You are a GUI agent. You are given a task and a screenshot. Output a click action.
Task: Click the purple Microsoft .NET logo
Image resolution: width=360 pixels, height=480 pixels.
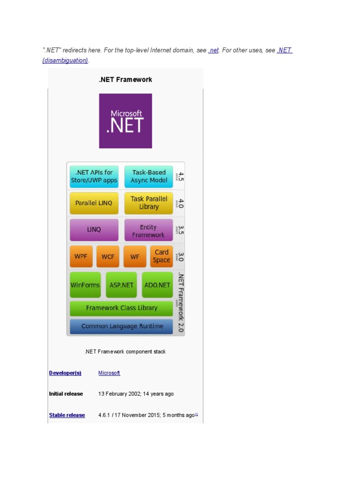coord(126,121)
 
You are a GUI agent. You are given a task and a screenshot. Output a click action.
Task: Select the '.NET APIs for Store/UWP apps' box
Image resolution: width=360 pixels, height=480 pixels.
coord(94,176)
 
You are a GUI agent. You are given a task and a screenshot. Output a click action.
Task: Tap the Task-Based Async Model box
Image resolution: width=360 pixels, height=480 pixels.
coord(149,176)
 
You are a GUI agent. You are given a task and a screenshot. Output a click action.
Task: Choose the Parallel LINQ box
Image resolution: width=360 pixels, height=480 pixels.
coord(94,203)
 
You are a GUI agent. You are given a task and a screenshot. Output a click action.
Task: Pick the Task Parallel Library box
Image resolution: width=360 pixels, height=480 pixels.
coord(149,203)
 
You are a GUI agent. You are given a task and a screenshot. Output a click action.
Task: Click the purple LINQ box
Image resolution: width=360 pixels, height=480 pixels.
coord(94,230)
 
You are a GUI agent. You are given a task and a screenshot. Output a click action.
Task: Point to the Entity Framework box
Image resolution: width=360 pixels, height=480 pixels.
coord(149,231)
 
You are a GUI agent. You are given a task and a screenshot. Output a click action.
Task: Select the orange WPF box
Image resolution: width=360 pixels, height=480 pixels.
coord(81,256)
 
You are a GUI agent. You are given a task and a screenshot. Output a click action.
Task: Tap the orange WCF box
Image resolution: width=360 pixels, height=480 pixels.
coord(108,256)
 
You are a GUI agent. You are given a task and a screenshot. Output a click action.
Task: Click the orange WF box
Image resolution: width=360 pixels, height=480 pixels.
coord(135,256)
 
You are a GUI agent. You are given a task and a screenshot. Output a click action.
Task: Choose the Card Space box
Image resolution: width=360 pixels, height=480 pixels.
coord(161,256)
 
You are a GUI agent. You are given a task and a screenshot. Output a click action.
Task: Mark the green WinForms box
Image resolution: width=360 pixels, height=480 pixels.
coord(85,285)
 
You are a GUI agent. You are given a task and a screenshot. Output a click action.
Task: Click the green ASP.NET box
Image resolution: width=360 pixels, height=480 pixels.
coord(121,285)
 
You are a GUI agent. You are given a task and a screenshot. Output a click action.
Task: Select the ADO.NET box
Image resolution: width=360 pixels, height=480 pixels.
coord(157,285)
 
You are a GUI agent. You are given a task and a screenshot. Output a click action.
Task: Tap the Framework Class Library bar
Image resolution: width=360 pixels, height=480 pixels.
coord(121,308)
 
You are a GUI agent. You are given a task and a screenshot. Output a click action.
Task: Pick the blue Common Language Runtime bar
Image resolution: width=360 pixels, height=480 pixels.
coord(121,326)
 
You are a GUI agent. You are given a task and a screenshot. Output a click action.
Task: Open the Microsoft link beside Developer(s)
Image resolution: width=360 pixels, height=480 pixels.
coord(109,373)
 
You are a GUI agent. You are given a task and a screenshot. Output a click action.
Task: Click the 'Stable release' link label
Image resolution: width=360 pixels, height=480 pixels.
coord(67,415)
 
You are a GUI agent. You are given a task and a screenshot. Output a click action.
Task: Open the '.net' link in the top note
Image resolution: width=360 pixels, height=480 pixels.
coord(213,51)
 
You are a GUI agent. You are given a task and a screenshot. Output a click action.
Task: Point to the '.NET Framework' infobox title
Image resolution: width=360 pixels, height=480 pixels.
coord(125,80)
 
